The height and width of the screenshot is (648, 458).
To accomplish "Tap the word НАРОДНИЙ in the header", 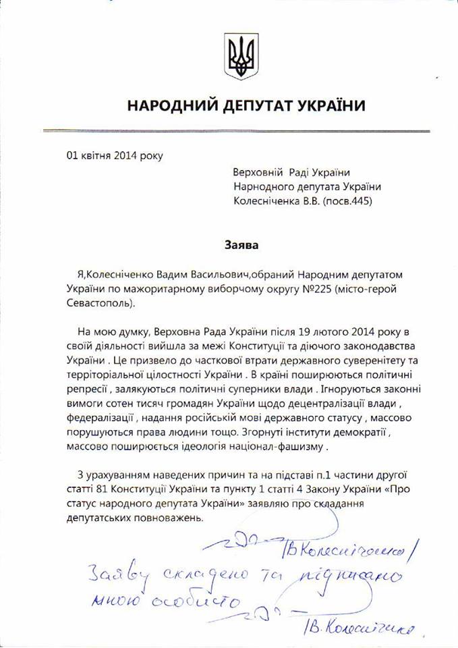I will click(x=169, y=106).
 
